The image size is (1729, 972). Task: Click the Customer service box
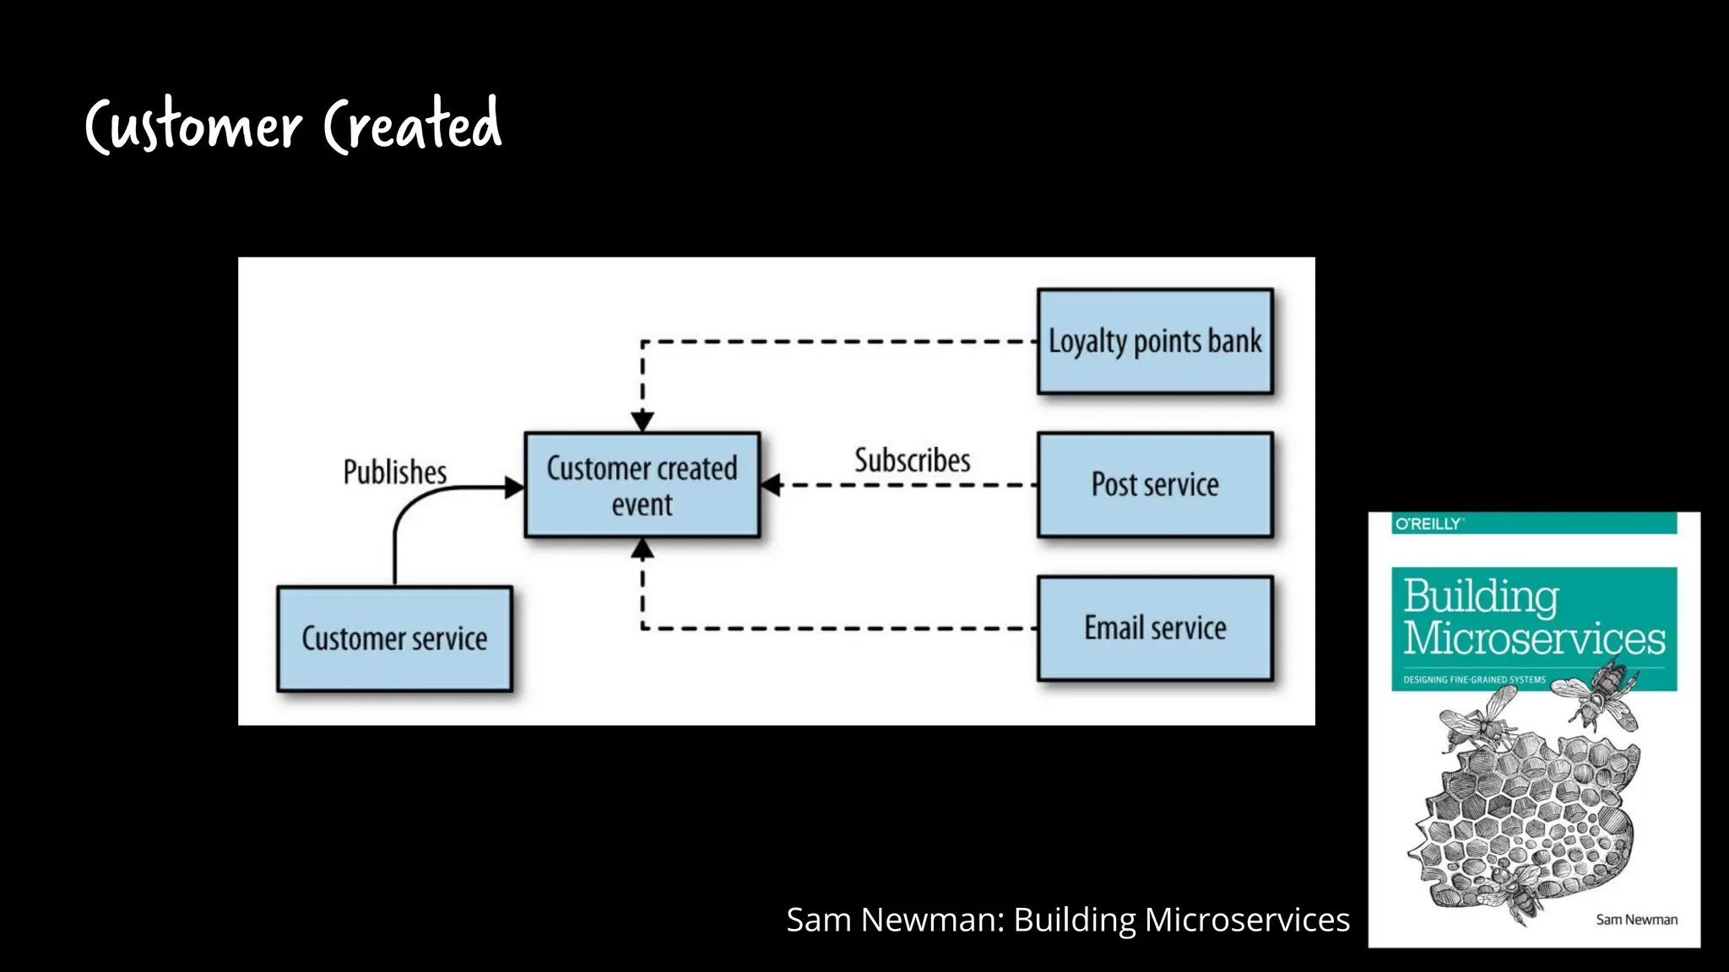tap(394, 639)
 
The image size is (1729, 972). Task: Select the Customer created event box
tap(642, 485)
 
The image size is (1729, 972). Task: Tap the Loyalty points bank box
tap(1155, 342)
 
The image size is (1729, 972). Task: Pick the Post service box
tap(1155, 485)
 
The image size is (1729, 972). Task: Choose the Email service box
tap(1155, 629)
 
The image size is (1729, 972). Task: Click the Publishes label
tap(394, 472)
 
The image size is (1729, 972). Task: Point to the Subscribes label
tap(912, 461)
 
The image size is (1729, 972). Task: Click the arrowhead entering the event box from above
tap(642, 421)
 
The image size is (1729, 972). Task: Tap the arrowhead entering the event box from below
tap(642, 549)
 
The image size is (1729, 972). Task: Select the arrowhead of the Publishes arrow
tap(513, 487)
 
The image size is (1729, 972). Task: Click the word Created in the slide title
tap(413, 125)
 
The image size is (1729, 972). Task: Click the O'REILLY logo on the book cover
tap(1428, 524)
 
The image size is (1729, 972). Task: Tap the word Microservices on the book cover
tap(1534, 639)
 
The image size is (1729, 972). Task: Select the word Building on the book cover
tap(1481, 597)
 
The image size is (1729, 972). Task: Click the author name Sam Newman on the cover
tap(1636, 920)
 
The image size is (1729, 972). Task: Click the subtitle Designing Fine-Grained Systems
tap(1474, 679)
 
